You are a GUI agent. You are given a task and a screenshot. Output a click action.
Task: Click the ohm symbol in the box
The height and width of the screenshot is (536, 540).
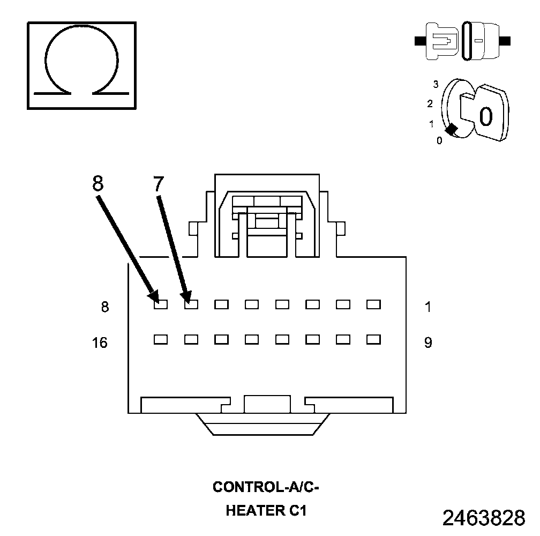81,65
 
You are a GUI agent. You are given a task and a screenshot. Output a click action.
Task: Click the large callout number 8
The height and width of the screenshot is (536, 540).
97,183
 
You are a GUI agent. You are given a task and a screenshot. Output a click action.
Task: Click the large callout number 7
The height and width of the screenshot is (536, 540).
158,184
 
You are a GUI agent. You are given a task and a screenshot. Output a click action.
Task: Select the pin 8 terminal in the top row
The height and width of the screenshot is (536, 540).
160,304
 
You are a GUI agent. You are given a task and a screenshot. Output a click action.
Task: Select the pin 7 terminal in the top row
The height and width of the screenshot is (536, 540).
191,304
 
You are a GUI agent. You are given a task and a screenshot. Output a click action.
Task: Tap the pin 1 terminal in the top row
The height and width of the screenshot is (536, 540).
373,304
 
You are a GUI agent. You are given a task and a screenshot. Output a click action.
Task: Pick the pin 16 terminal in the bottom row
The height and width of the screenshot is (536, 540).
160,339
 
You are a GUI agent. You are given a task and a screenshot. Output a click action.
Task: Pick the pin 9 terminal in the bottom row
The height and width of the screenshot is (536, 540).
373,339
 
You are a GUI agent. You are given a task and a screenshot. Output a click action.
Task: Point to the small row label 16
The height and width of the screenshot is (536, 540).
100,343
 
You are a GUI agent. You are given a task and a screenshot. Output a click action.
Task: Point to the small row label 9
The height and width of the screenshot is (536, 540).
428,343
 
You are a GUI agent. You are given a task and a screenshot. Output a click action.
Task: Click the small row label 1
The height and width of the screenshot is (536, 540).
427,307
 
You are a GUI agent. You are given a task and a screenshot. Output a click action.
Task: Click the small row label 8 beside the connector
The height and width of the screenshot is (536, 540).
104,307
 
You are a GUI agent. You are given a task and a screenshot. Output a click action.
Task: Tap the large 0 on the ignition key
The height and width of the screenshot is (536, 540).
485,116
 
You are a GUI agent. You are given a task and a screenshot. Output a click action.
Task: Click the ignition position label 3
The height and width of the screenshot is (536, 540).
436,84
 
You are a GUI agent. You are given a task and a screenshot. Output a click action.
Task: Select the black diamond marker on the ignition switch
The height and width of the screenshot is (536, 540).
451,129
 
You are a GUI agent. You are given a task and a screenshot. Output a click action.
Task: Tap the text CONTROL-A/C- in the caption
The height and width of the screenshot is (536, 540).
266,487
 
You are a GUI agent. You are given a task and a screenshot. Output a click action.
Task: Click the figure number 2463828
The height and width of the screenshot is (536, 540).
483,518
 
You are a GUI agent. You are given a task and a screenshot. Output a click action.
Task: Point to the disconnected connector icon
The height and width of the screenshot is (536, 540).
463,40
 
